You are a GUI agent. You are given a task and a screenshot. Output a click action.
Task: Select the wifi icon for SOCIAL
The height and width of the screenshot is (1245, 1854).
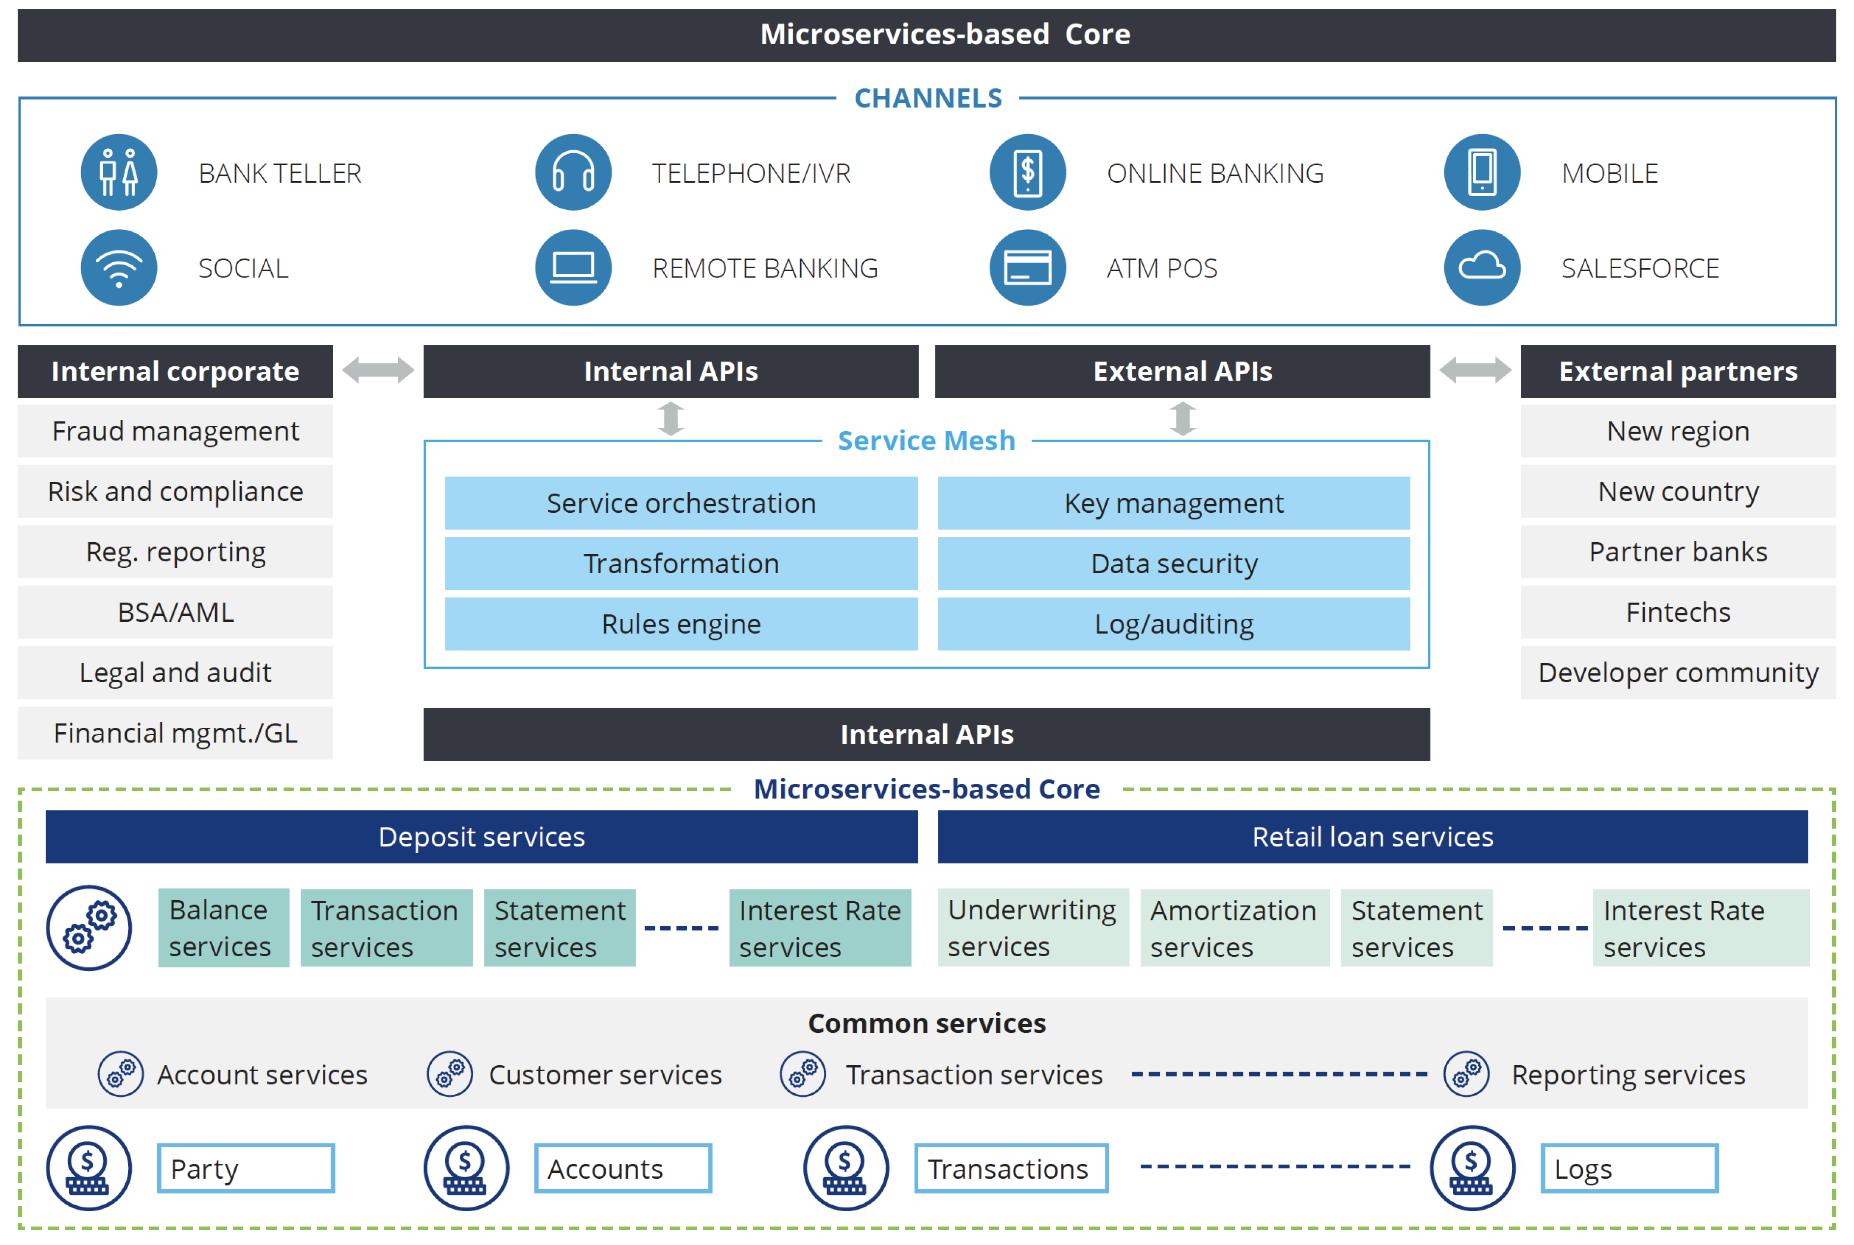point(118,268)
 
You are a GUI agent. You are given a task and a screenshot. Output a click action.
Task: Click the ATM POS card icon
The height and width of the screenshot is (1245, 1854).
point(1027,268)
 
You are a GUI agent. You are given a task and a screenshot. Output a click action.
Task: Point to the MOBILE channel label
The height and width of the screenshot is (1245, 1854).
point(1609,173)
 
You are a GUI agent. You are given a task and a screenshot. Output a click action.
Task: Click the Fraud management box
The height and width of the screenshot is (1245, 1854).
point(175,431)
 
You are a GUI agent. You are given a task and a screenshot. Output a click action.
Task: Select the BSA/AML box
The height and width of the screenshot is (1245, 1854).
point(175,612)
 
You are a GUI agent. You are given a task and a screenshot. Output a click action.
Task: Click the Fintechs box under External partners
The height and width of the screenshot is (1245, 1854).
point(1677,612)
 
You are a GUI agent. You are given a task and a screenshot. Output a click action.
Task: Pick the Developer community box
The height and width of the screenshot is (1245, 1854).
point(1677,672)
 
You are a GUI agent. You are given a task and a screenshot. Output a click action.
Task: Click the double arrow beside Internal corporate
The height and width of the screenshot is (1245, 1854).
point(378,370)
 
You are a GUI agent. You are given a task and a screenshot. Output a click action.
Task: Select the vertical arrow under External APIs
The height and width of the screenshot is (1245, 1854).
point(1182,418)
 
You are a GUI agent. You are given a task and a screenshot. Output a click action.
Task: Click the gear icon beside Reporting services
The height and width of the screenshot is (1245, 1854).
point(1466,1074)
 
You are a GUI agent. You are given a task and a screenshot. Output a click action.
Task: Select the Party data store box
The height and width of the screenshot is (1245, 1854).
point(245,1168)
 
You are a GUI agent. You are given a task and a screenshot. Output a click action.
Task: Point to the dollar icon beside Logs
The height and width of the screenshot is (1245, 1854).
point(1471,1168)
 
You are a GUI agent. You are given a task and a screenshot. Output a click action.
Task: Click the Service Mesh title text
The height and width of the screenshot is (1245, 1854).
point(926,441)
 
